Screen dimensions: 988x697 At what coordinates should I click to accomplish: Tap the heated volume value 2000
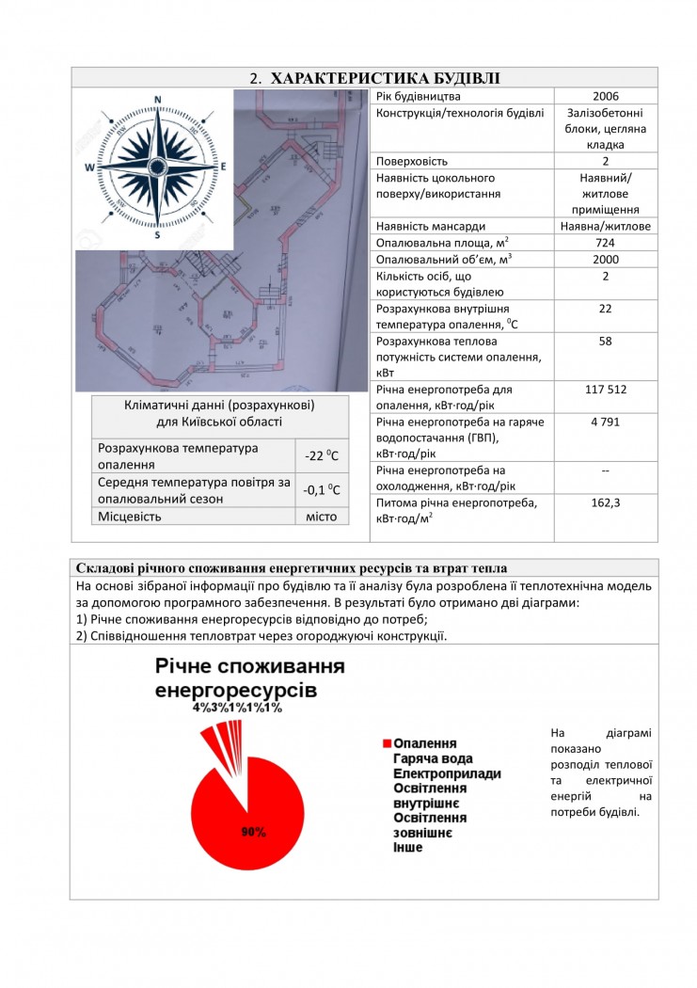tap(606, 260)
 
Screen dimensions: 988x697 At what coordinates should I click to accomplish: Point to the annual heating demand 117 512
tap(606, 390)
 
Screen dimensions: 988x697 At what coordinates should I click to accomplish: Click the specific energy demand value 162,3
tap(606, 502)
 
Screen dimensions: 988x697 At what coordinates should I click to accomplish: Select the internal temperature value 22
tap(606, 309)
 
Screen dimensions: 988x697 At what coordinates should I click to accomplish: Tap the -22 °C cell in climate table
tap(322, 456)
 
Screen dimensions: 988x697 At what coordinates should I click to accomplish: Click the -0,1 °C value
tap(322, 490)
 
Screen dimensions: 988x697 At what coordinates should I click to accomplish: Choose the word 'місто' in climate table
tap(322, 517)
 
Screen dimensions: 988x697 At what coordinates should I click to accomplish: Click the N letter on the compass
tap(158, 100)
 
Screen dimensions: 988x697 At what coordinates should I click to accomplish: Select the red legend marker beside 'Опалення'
tap(386, 743)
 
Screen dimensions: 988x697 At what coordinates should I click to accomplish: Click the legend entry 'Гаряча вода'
tap(433, 758)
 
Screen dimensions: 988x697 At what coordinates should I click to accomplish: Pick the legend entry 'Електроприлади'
tap(447, 773)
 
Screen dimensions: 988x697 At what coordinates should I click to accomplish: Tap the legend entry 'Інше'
tap(408, 848)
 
